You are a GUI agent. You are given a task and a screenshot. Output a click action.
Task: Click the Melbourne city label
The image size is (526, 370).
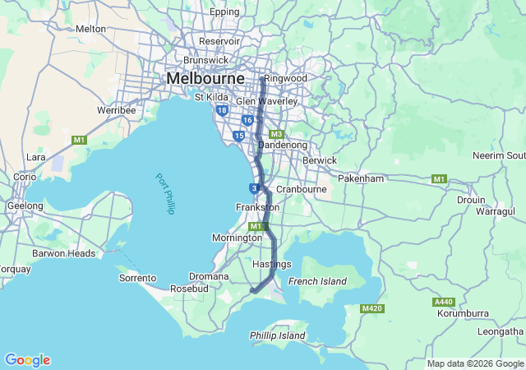tap(205, 77)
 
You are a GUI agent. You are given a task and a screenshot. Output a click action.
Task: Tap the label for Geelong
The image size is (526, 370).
tap(25, 206)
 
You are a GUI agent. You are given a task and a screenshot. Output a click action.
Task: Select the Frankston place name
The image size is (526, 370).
tap(257, 208)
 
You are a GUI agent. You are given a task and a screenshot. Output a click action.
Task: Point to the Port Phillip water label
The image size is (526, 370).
tap(165, 193)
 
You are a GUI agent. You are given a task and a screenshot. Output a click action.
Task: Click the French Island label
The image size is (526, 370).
tap(318, 281)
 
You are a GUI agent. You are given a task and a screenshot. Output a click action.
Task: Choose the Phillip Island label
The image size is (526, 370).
tap(277, 335)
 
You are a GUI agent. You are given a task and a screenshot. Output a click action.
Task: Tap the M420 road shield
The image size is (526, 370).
tap(372, 308)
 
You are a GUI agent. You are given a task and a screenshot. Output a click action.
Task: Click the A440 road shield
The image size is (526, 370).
tap(443, 303)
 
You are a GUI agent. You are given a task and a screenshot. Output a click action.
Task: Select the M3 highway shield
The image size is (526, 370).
tap(276, 134)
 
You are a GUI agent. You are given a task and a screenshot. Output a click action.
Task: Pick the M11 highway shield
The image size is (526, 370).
tap(256, 226)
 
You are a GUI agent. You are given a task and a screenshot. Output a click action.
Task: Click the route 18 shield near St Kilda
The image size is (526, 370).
tap(222, 109)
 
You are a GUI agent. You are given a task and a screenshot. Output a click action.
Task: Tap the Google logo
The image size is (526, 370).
tap(27, 360)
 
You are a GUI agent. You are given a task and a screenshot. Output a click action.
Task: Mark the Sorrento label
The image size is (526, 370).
tap(137, 278)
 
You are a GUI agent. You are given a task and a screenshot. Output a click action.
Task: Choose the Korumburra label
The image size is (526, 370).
tap(463, 313)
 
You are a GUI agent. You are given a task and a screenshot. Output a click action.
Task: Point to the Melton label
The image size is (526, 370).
tap(90, 29)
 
